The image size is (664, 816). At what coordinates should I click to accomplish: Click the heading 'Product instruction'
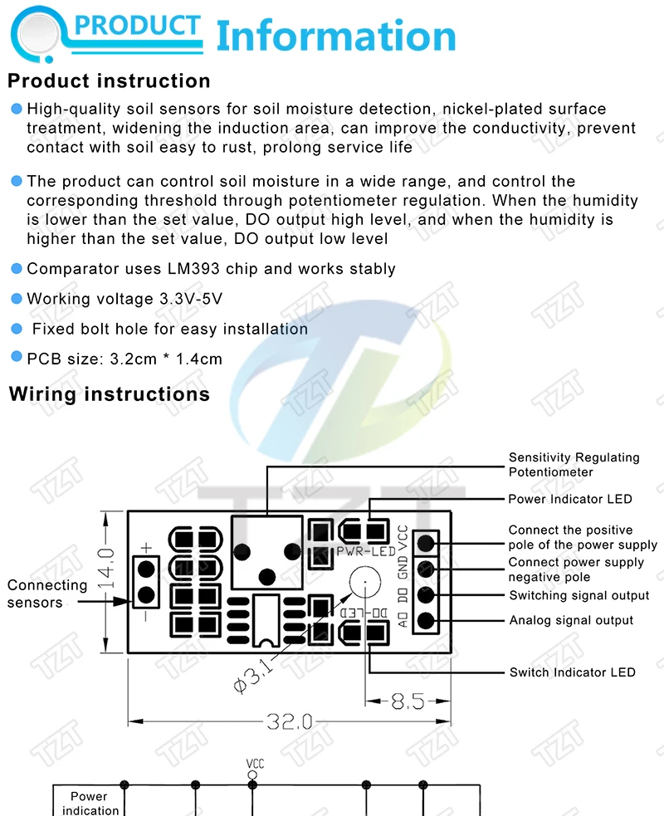[x=109, y=81]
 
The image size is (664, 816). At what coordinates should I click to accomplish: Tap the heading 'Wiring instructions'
[x=110, y=394]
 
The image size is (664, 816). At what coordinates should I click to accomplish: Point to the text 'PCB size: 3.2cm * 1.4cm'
[x=124, y=359]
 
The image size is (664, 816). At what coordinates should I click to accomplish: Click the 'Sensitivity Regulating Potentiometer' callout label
[x=574, y=465]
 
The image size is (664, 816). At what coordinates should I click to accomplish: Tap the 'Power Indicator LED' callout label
[x=570, y=499]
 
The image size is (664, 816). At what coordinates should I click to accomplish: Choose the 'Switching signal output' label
[x=579, y=595]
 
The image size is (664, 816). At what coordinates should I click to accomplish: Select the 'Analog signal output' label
[x=571, y=620]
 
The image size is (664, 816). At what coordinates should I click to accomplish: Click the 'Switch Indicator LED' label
[x=573, y=672]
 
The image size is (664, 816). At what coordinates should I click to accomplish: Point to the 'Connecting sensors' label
[x=46, y=594]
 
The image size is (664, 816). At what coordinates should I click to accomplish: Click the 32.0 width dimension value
[x=288, y=721]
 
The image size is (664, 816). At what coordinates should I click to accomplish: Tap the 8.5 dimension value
[x=408, y=701]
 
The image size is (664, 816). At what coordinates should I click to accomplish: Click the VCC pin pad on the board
[x=427, y=543]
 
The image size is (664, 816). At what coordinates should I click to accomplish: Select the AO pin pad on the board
[x=427, y=620]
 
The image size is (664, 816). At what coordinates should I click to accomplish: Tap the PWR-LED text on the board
[x=364, y=550]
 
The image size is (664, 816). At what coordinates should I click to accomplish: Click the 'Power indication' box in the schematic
[x=89, y=803]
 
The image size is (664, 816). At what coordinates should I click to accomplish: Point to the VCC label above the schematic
[x=254, y=764]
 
